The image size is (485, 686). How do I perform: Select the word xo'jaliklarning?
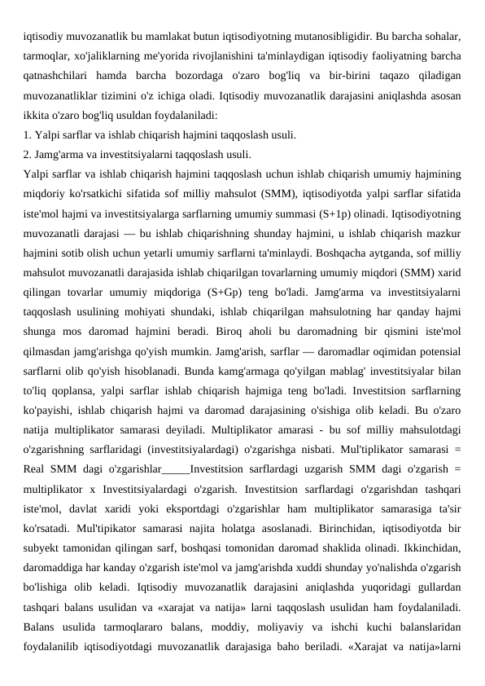pyautogui.click(x=111, y=56)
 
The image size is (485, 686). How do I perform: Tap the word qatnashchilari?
pyautogui.click(x=56, y=76)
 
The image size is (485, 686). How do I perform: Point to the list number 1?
pyautogui.click(x=28, y=134)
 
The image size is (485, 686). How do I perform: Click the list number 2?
pyautogui.click(x=28, y=154)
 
